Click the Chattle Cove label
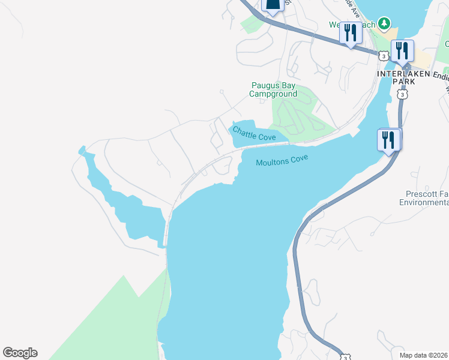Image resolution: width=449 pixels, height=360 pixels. tap(254, 133)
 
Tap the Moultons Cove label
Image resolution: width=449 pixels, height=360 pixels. tap(282, 161)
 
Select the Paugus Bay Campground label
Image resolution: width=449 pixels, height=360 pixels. tap(273, 90)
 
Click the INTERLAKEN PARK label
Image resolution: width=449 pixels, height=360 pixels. tap(404, 77)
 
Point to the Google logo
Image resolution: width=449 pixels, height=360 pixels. tap(20, 353)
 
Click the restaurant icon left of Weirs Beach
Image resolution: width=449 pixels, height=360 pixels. tap(351, 32)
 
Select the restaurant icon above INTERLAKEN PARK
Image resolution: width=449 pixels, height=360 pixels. tap(402, 50)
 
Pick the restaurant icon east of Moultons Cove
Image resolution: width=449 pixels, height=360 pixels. tap(389, 140)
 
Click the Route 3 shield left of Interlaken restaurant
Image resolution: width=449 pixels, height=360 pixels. tap(383, 55)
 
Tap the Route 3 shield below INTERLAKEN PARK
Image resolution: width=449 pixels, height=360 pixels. tap(402, 95)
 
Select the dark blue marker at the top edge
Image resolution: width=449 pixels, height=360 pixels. tap(273, 6)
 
